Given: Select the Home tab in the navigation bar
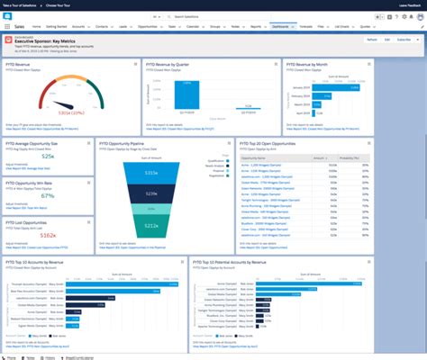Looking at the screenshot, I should pyautogui.click(x=37, y=28).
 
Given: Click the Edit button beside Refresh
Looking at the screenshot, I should pyautogui.click(x=387, y=40).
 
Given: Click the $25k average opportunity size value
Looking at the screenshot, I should pyautogui.click(x=48, y=157).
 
